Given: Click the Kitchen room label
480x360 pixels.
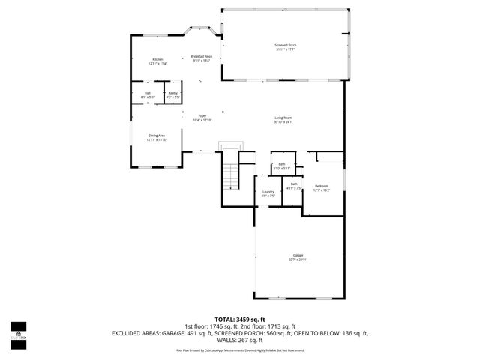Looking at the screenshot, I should click(157, 59).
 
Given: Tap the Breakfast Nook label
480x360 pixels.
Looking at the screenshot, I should click(202, 56).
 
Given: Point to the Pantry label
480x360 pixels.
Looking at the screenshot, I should click(172, 94).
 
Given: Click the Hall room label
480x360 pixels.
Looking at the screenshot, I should click(148, 94).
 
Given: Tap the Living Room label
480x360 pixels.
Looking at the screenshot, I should click(283, 118).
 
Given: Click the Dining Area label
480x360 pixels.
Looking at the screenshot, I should click(157, 136).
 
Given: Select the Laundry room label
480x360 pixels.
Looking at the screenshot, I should click(268, 192).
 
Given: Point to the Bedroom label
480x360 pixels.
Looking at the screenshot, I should click(322, 186).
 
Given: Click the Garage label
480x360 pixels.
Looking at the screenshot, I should click(298, 256).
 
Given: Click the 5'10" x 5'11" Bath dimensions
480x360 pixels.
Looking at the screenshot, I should click(282, 168).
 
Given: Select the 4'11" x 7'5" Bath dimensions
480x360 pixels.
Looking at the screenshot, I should click(294, 188).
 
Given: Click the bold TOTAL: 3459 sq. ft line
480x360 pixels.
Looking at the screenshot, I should click(240, 319).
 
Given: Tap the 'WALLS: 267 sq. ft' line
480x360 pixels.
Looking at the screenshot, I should click(240, 340).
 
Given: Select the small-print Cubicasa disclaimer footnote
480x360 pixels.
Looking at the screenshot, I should click(240, 349).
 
